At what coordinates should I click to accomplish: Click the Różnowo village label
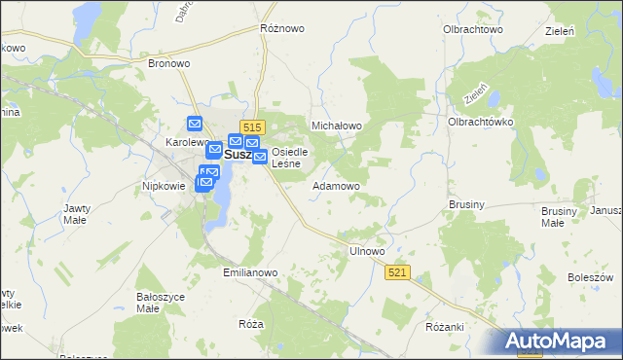(279, 28)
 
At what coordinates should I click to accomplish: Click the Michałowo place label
(336, 126)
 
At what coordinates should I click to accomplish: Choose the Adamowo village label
(336, 185)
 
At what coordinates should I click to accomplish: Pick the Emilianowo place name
(251, 273)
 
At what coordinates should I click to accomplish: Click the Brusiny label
(467, 205)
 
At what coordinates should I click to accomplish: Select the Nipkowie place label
(164, 185)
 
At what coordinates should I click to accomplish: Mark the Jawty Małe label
(77, 214)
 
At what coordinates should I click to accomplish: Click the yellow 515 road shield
(252, 127)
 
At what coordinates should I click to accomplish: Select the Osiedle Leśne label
(289, 158)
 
